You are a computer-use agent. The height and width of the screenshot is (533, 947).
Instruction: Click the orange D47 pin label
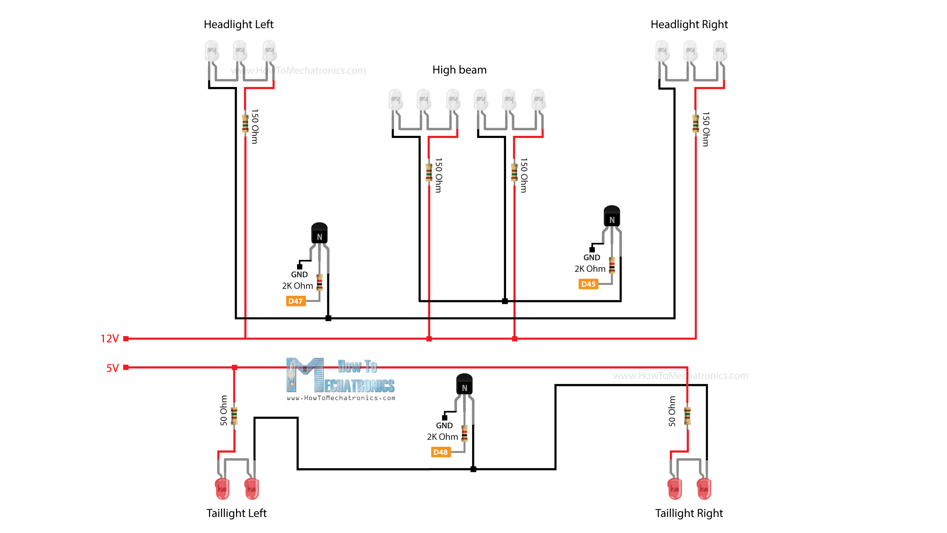(295, 301)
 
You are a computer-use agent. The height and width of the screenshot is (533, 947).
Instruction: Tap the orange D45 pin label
(588, 284)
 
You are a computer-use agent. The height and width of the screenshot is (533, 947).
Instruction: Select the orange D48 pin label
(440, 452)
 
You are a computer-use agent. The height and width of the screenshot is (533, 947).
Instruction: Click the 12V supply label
(109, 338)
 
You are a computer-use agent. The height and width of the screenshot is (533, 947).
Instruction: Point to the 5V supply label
(112, 368)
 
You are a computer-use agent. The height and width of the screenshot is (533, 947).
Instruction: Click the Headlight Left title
(238, 24)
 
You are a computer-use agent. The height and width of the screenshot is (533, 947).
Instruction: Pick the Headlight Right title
(689, 24)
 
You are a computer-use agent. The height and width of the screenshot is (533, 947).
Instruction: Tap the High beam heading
(459, 70)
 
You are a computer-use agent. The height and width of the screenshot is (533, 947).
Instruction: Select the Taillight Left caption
(236, 513)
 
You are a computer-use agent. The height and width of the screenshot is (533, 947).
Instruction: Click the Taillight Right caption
(689, 513)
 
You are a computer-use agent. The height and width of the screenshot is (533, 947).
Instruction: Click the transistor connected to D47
(319, 233)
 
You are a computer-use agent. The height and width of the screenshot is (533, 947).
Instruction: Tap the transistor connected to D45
(611, 216)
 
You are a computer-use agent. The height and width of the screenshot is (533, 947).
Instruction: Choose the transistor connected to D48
(464, 384)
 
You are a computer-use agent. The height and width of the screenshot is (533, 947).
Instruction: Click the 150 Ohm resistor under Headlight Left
(245, 124)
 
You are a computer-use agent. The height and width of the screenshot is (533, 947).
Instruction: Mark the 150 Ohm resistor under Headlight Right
(695, 124)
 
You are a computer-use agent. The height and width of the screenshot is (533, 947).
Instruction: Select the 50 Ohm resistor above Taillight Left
(234, 416)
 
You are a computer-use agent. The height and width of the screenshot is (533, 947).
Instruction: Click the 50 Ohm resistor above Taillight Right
(687, 416)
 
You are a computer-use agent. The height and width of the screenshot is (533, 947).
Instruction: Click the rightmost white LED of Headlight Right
(720, 51)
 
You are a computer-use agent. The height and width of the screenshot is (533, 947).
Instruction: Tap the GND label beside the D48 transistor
(444, 425)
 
